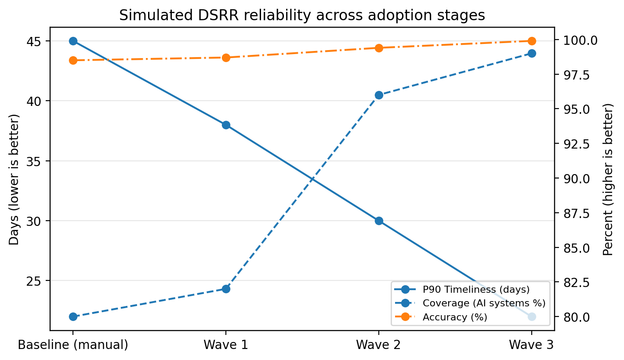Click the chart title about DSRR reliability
[x=302, y=15]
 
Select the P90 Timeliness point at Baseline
[x=73, y=41]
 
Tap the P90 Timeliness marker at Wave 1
[x=226, y=125]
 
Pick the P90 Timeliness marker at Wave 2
[x=379, y=221]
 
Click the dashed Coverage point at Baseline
[x=73, y=316]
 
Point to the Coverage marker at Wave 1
[x=226, y=289]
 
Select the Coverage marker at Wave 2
[x=379, y=95]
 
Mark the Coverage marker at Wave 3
[x=532, y=53]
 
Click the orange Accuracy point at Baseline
[x=73, y=60]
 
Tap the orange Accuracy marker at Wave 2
[x=379, y=48]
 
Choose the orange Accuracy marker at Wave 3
[x=532, y=41]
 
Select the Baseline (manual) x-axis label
[x=73, y=345]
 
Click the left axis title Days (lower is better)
[x=15, y=179]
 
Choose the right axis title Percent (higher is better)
[x=608, y=179]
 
